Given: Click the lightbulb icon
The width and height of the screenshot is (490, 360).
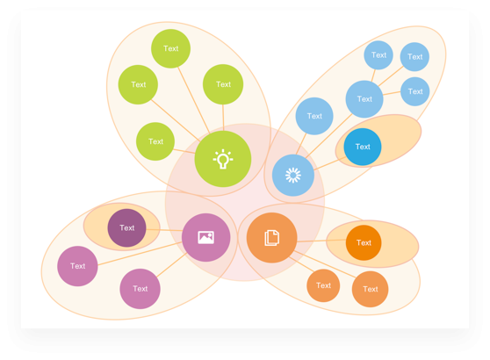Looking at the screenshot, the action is [223, 159].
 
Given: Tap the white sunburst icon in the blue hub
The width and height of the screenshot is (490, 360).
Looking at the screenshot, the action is [293, 175].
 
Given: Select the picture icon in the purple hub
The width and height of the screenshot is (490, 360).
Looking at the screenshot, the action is [206, 237].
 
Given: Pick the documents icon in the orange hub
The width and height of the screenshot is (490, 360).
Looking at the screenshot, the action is [272, 238].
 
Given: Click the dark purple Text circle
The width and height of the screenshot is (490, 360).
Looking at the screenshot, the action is [126, 227].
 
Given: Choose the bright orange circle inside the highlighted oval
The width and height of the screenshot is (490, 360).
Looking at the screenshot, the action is [364, 242].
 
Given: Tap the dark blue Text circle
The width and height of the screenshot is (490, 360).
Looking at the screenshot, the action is [363, 147].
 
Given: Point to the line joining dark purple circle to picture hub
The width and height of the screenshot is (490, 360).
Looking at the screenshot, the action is [164, 230].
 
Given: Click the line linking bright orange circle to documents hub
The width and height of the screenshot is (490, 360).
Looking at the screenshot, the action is [321, 241].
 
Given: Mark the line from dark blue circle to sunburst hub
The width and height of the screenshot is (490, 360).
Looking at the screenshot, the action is [329, 163].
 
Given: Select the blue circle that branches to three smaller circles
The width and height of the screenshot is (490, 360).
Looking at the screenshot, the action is [364, 99].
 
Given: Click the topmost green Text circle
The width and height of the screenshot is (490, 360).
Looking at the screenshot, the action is [170, 48].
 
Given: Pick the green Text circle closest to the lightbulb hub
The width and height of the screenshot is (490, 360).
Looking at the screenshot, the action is [155, 141].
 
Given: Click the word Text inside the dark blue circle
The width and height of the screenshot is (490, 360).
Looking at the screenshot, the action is [363, 147].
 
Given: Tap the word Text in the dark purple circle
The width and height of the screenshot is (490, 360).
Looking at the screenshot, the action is [126, 227].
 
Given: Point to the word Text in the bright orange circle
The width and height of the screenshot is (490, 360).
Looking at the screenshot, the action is [364, 243].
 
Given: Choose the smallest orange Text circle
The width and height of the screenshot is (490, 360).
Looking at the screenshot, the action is [323, 285].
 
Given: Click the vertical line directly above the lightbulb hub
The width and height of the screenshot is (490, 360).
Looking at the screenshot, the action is [223, 118].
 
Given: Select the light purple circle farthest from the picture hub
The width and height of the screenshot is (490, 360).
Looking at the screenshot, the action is [77, 266].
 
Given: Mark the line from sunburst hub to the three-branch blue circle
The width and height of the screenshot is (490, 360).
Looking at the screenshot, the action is [328, 136].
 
